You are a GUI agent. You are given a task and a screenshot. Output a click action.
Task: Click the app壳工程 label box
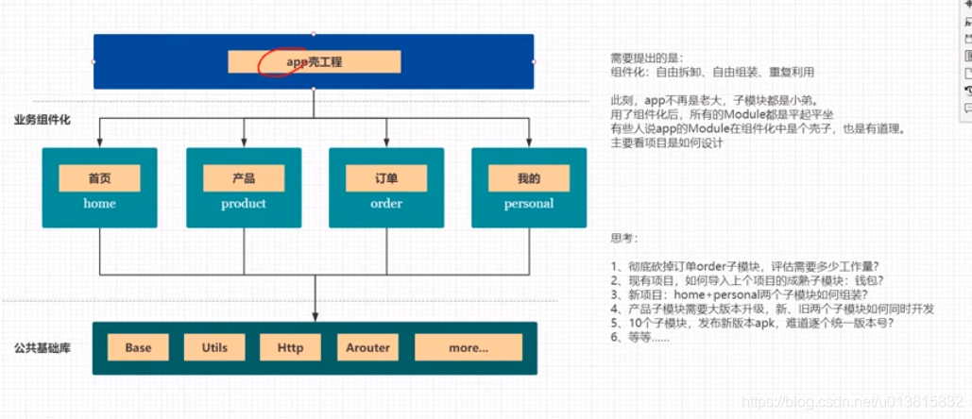[314, 62]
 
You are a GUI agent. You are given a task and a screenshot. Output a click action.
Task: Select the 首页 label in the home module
[99, 177]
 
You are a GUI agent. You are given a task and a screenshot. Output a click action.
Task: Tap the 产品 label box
[244, 177]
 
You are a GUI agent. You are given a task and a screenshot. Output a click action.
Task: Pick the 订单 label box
[386, 177]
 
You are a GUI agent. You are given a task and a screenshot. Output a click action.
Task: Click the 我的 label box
[529, 177]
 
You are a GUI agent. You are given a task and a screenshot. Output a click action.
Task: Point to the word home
[99, 203]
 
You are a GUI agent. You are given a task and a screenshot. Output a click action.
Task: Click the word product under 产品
[244, 203]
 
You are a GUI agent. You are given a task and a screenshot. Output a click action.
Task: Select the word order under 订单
[386, 203]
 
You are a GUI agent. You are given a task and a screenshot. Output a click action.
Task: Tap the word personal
[529, 203]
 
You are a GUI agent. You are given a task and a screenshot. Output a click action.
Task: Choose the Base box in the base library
[138, 347]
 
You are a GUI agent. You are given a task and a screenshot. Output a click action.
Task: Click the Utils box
[214, 347]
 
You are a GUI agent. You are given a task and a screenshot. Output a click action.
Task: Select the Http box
[291, 347]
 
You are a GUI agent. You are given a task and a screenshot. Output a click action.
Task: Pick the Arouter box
[367, 347]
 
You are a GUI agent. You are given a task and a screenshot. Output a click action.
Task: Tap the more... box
[469, 347]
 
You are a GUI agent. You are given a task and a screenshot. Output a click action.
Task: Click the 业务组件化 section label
[42, 120]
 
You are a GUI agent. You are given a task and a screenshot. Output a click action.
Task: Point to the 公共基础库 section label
[42, 348]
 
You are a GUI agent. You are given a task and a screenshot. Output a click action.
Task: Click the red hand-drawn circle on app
[281, 62]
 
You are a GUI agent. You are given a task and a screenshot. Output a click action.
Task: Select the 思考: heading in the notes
[624, 238]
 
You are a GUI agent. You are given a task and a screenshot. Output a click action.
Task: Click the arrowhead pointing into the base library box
[315, 317]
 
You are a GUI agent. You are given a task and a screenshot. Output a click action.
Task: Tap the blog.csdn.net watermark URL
[855, 401]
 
